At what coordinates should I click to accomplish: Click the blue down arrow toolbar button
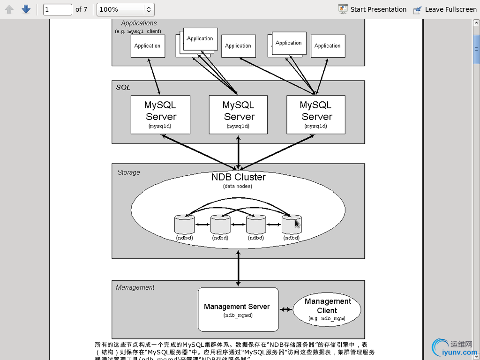(26, 9)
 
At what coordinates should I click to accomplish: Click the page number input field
(57, 9)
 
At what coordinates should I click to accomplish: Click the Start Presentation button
(372, 9)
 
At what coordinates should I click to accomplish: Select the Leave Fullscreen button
(445, 9)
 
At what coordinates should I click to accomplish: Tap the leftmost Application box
(148, 46)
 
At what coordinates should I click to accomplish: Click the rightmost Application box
(328, 46)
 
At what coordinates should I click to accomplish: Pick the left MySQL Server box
(160, 115)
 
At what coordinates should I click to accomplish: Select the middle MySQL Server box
(238, 115)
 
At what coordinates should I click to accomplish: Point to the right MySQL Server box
(316, 115)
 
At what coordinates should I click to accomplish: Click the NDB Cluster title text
(238, 177)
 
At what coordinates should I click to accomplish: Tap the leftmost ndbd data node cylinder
(184, 225)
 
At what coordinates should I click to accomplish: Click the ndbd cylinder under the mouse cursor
(291, 225)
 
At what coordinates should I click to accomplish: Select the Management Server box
(238, 309)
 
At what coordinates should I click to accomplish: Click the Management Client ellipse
(327, 310)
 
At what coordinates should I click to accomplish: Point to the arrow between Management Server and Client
(285, 309)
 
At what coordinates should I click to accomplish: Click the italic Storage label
(128, 172)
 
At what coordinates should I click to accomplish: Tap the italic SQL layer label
(123, 88)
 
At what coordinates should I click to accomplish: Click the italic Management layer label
(135, 287)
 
